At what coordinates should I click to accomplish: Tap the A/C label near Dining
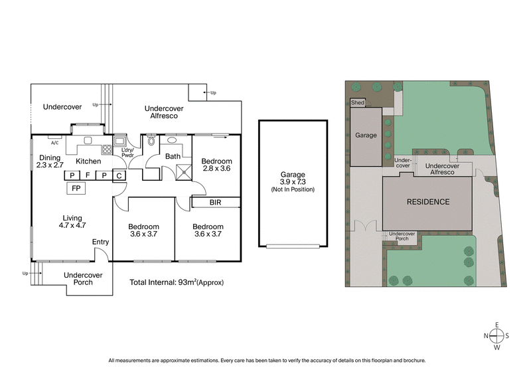(55, 143)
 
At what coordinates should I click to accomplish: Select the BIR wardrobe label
(215, 201)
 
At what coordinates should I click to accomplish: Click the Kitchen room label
(88, 161)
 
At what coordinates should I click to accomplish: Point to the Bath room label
(173, 157)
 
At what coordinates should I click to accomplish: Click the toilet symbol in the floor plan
(151, 141)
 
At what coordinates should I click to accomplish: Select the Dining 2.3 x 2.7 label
(49, 161)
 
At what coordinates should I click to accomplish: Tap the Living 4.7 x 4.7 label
(72, 221)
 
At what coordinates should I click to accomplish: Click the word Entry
(101, 242)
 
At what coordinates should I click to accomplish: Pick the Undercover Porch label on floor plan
(83, 278)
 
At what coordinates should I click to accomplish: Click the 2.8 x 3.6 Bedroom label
(217, 165)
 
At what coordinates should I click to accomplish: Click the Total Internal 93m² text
(177, 282)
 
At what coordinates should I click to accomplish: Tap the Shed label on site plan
(358, 103)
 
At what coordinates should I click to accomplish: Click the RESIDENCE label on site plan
(428, 202)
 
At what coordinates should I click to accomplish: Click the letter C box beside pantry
(119, 175)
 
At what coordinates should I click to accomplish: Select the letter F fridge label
(87, 175)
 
